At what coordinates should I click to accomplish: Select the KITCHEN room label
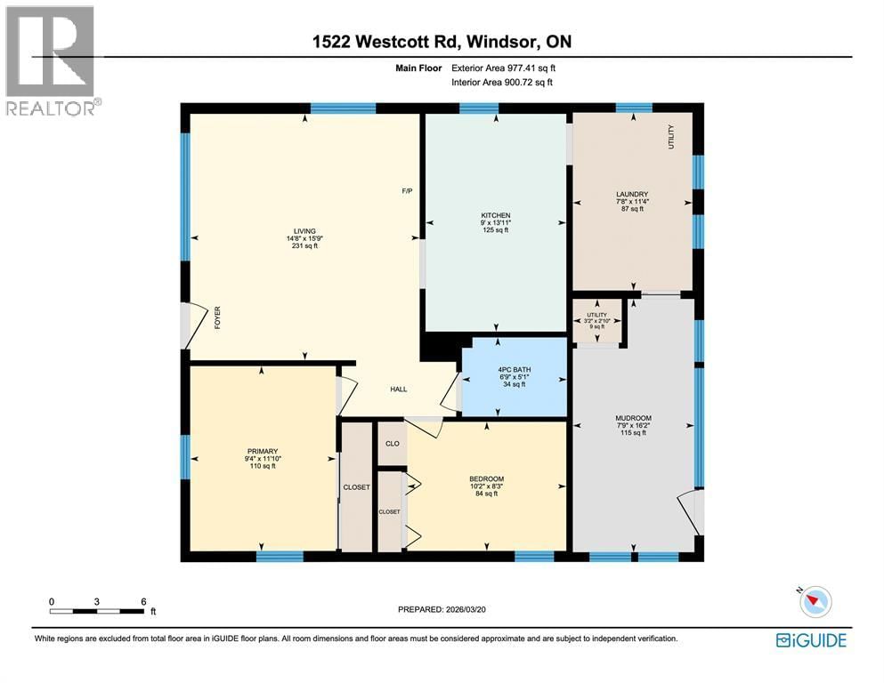tap(495, 216)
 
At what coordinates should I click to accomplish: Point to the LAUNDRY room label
tap(631, 195)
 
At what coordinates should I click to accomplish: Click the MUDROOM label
tap(633, 418)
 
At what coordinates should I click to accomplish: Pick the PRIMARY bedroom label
tap(263, 451)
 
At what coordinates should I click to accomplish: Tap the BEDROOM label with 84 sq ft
tap(486, 479)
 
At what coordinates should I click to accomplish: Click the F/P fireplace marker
tap(407, 191)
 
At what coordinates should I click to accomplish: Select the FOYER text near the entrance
tap(216, 317)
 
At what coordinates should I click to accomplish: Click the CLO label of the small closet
tap(392, 442)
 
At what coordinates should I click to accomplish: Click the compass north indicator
tap(814, 602)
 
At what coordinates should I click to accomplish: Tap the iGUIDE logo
tap(810, 640)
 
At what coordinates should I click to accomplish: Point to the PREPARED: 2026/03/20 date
tap(442, 609)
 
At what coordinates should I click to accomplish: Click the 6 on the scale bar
tap(143, 601)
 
